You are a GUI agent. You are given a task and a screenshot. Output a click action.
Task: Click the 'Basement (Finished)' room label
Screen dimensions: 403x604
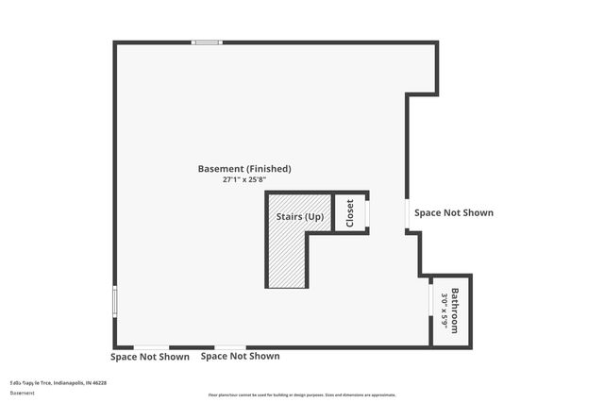tap(243, 169)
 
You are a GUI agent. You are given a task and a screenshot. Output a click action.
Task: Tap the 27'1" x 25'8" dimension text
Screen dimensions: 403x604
tap(243, 179)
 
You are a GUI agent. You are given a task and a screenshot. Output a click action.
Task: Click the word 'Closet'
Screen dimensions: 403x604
tap(349, 212)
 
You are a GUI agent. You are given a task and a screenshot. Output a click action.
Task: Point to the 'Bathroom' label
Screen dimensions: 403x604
tap(454, 311)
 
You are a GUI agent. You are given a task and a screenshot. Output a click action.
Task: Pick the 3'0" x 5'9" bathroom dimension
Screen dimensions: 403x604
tap(444, 311)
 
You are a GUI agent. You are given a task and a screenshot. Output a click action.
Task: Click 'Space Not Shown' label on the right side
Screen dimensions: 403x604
tap(454, 213)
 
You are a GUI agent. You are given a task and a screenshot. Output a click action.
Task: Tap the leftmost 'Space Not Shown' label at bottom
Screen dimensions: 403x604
tap(149, 357)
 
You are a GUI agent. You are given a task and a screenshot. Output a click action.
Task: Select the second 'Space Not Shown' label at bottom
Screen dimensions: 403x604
tap(240, 357)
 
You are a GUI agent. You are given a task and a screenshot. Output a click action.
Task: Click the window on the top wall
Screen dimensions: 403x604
tap(207, 42)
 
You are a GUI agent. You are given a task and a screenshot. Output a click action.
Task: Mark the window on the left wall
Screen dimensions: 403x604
tap(115, 301)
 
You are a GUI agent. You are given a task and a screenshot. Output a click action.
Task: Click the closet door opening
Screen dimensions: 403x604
tap(367, 213)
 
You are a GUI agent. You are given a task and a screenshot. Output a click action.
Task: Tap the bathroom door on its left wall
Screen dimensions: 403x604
tap(432, 305)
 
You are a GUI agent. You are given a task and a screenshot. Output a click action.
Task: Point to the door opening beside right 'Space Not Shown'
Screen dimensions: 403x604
tap(408, 213)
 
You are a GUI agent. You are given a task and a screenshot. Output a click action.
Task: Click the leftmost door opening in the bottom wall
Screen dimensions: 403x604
tap(151, 346)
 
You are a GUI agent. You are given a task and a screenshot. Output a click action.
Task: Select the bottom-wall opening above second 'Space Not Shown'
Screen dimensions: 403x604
tap(230, 346)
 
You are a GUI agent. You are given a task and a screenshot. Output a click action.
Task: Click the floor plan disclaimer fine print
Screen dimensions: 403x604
tap(302, 395)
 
